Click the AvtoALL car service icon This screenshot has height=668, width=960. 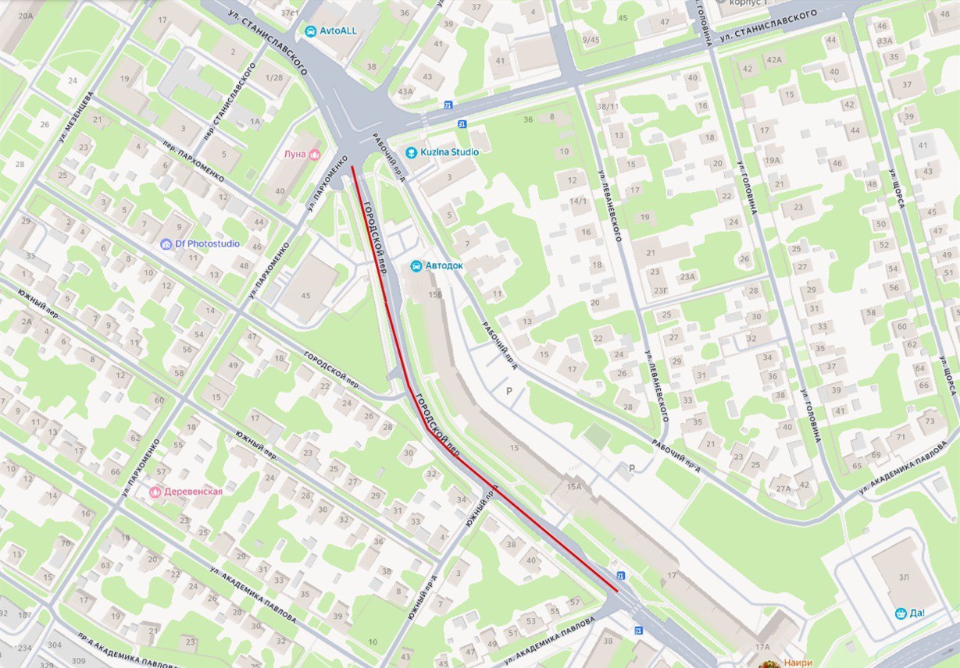click(x=309, y=31)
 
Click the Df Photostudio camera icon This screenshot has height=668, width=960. click(x=166, y=243)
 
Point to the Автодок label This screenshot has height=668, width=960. click(x=444, y=265)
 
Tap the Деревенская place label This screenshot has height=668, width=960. click(x=192, y=492)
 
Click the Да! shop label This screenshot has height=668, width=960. click(x=917, y=613)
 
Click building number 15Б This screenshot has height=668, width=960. click(x=434, y=293)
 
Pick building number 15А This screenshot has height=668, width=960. click(x=574, y=487)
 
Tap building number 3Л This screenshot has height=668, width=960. click(x=903, y=577)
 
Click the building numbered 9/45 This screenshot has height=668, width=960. click(x=591, y=40)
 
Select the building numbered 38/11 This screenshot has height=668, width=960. click(x=608, y=105)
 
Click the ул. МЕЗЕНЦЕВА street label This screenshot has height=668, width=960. click(x=76, y=118)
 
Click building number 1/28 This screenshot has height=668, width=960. click(x=273, y=79)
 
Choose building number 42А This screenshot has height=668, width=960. click(x=773, y=59)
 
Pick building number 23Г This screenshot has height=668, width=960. click(x=661, y=290)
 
